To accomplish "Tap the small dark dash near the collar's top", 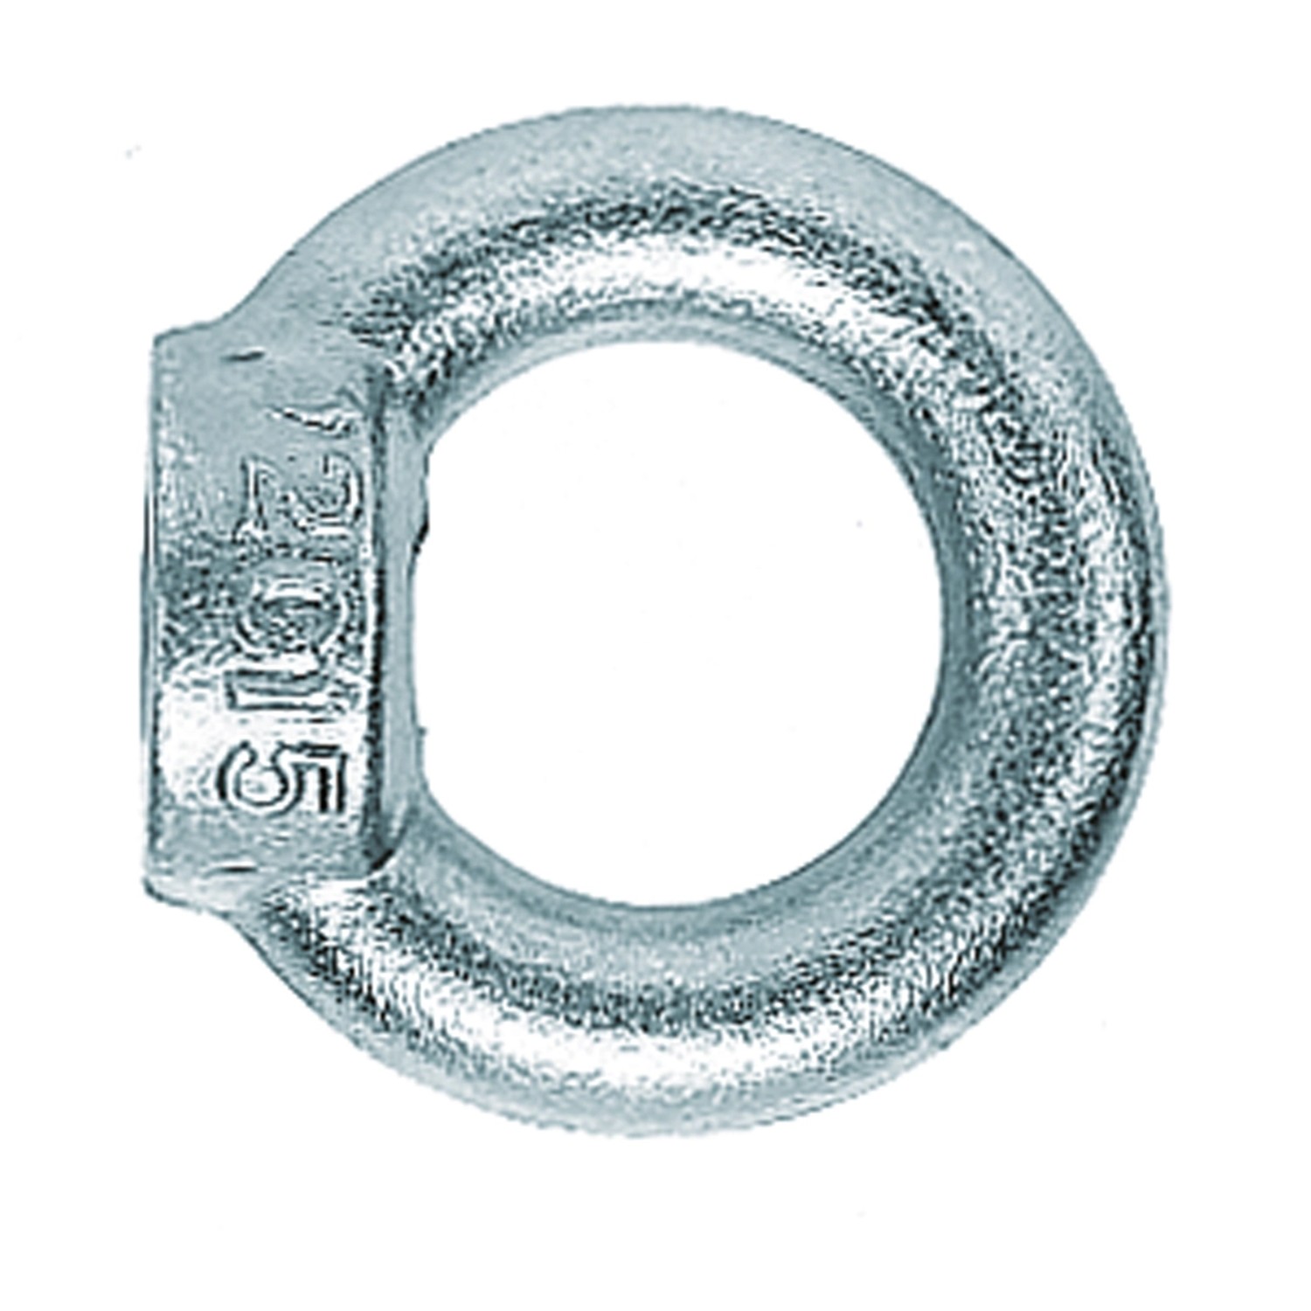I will [x=249, y=356].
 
